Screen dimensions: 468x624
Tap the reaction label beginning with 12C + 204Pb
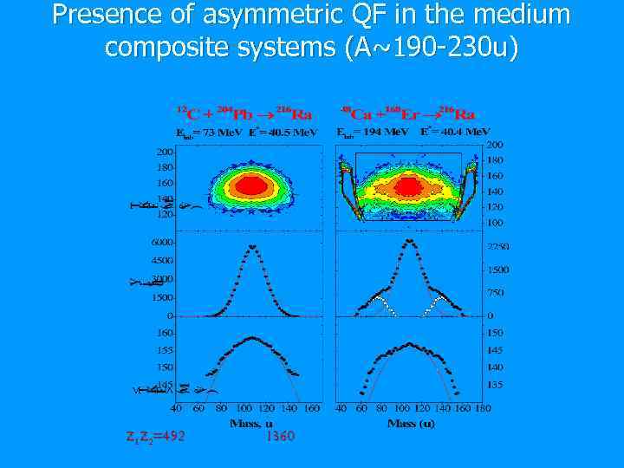click(245, 114)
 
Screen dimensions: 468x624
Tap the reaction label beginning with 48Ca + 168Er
click(407, 114)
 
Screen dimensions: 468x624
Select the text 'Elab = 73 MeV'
click(208, 133)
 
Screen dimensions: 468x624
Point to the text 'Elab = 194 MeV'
click(372, 132)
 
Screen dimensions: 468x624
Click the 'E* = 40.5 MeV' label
click(283, 133)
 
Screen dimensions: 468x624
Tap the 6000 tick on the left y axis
click(162, 242)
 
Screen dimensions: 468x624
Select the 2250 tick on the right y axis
click(497, 247)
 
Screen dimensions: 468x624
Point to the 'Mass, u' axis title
click(251, 423)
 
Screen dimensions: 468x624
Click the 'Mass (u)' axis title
click(411, 423)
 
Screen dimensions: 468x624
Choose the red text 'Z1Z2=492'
click(156, 436)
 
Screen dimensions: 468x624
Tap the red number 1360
click(280, 436)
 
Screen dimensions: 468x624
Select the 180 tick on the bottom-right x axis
click(484, 407)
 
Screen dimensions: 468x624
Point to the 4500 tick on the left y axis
click(162, 260)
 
